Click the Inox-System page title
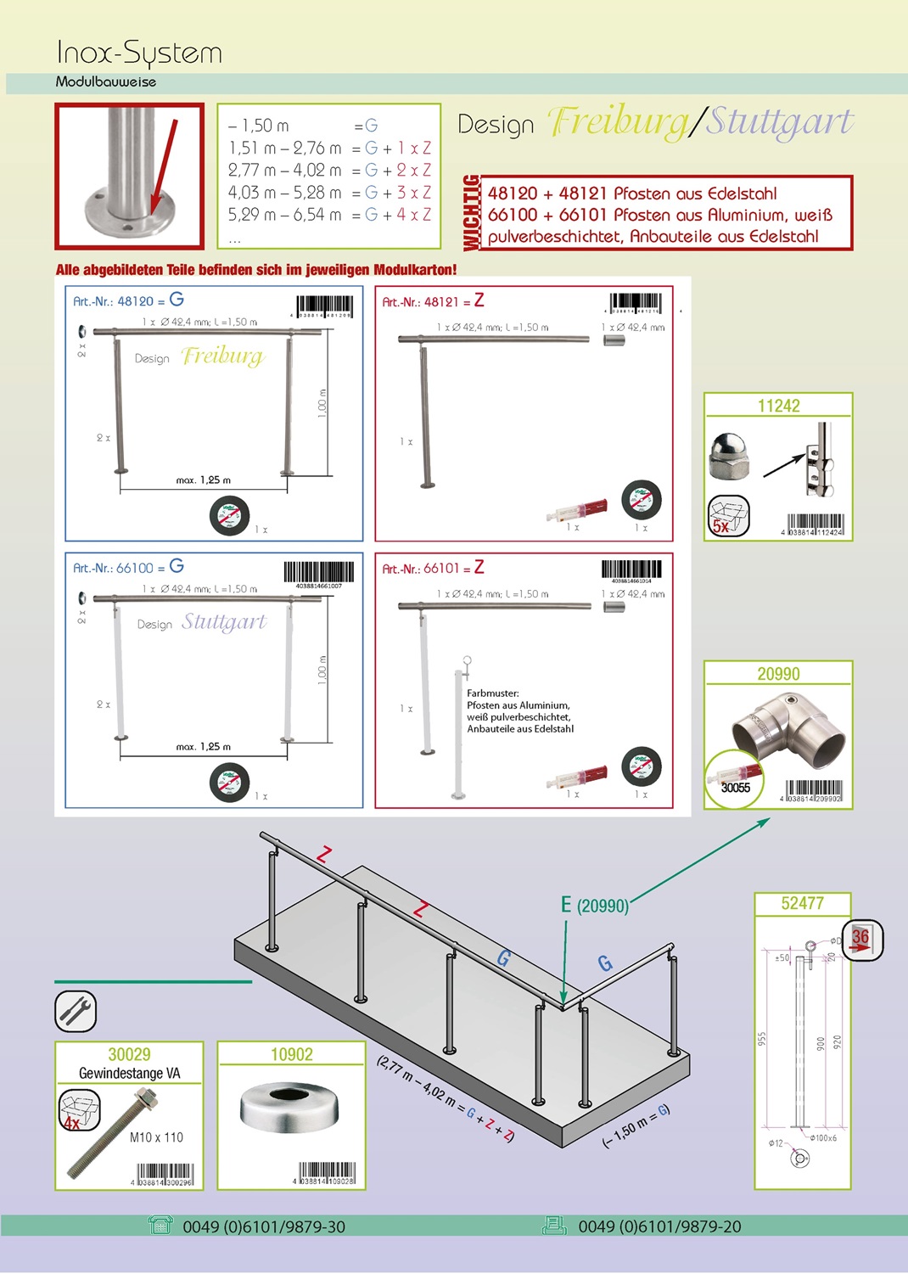point(139,53)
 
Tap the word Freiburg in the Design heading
point(619,122)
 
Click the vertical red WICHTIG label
point(471,213)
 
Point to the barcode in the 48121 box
point(636,302)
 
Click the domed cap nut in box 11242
point(728,455)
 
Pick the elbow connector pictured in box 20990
point(789,724)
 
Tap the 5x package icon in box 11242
point(729,516)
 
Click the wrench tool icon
point(76,1011)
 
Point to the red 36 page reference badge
point(861,940)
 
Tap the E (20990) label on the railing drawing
point(594,906)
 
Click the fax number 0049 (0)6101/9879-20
point(659,1226)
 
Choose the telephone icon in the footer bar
point(160,1225)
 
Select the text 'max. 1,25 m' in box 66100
point(203,747)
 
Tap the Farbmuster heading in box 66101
point(492,693)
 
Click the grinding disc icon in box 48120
point(229,515)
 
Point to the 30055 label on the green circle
point(736,788)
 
